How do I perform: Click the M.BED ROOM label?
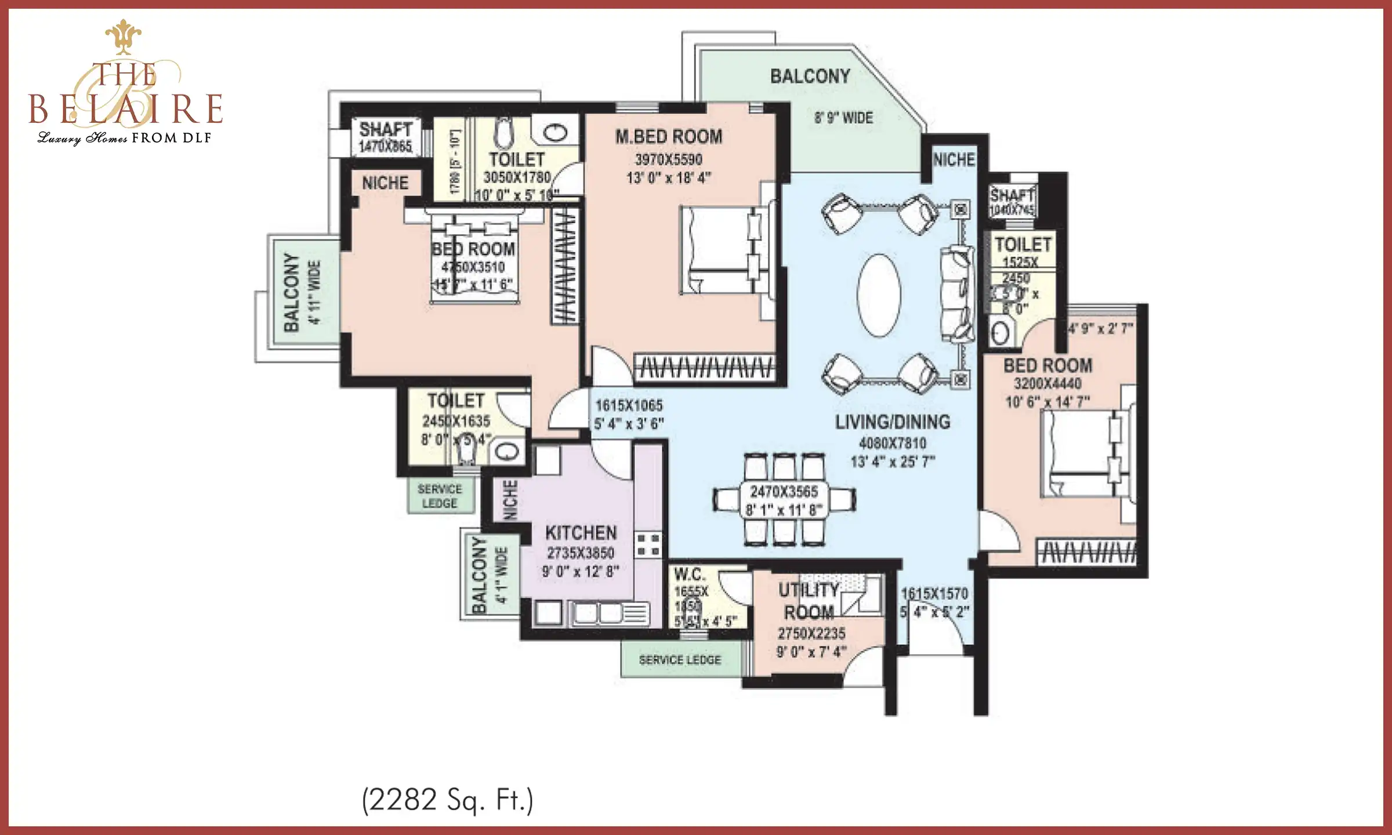[669, 137]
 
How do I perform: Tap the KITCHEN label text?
[581, 533]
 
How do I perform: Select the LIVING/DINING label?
[893, 422]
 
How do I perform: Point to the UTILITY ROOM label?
[809, 601]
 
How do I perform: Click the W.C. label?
[690, 575]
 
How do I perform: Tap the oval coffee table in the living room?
[879, 295]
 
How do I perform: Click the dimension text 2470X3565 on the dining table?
[784, 492]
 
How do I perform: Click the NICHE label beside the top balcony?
[954, 159]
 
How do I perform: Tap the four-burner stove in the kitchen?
[648, 545]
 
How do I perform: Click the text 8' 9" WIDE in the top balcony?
[843, 118]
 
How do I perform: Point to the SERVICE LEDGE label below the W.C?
[680, 660]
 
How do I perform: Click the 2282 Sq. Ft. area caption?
[447, 800]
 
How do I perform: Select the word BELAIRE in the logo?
[126, 109]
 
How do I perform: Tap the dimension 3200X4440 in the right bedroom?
[1047, 383]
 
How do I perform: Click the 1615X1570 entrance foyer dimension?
[934, 594]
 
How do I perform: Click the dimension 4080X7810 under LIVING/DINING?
[893, 444]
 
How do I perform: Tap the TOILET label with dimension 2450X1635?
[456, 401]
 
